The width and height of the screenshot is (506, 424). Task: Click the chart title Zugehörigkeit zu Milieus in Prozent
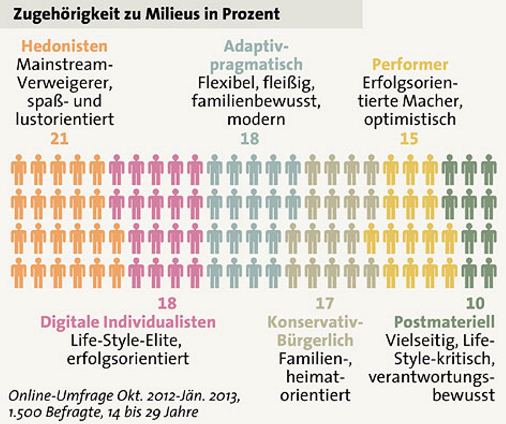pos(146,14)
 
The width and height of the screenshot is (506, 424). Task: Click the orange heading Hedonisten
pos(65,45)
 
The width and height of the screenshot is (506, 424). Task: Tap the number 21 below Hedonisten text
pos(59,139)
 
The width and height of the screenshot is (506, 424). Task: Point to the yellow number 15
pos(409,139)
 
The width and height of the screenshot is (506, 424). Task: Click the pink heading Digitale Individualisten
pos(128,322)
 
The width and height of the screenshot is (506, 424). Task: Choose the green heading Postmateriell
pos(445,322)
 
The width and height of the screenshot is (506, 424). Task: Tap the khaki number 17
pos(324,303)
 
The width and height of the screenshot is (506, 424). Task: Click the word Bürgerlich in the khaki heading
pos(315,340)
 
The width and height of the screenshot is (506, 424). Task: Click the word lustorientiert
pos(65,120)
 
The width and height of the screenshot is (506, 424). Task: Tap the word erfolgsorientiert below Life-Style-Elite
pos(128,359)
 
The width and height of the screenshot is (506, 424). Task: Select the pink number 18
pos(167,303)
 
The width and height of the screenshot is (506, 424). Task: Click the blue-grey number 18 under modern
pos(249,139)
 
